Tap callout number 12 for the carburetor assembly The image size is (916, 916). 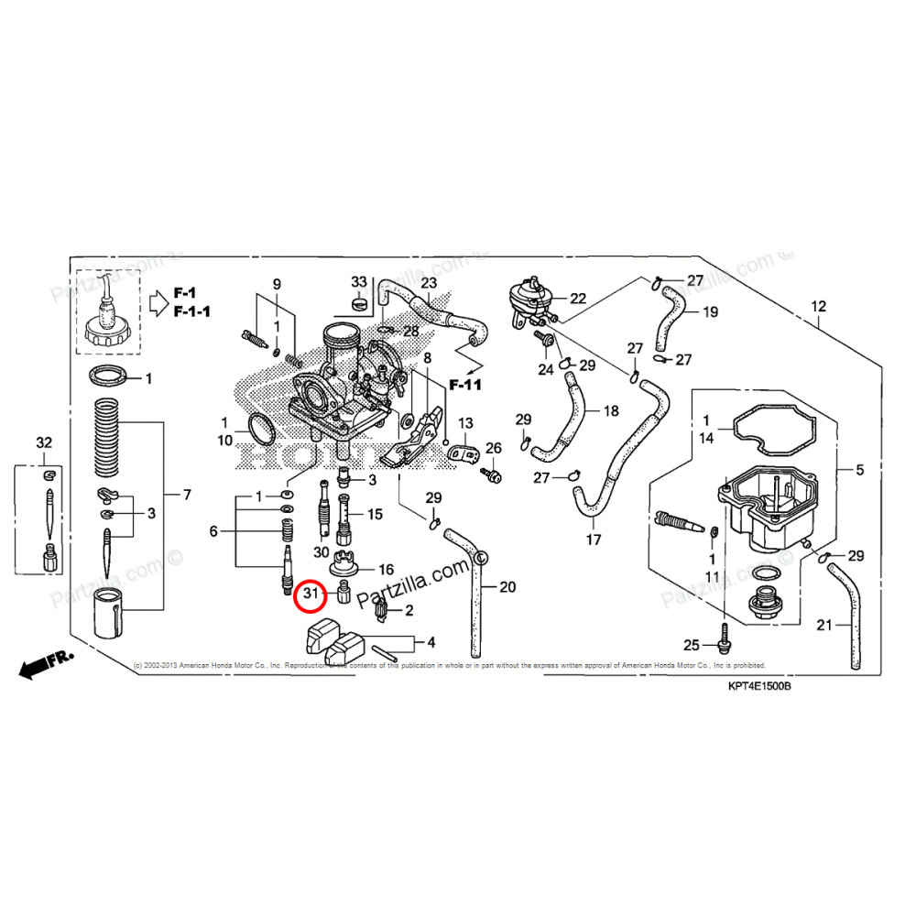pyautogui.click(x=818, y=306)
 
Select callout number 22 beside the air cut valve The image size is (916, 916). pyautogui.click(x=577, y=299)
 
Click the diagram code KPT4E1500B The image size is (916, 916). pyautogui.click(x=759, y=686)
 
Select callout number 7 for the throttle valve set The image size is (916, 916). pyautogui.click(x=187, y=496)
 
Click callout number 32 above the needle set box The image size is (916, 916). pyautogui.click(x=44, y=443)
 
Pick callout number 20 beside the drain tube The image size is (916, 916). pyautogui.click(x=507, y=587)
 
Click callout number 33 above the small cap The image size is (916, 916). pyautogui.click(x=358, y=280)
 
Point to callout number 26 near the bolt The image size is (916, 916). pyautogui.click(x=494, y=448)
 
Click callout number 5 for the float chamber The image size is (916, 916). pyautogui.click(x=859, y=471)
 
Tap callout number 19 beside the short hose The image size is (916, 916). pyautogui.click(x=710, y=312)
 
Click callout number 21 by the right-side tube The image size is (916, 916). pyautogui.click(x=824, y=626)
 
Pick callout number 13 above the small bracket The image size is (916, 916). pyautogui.click(x=465, y=423)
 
